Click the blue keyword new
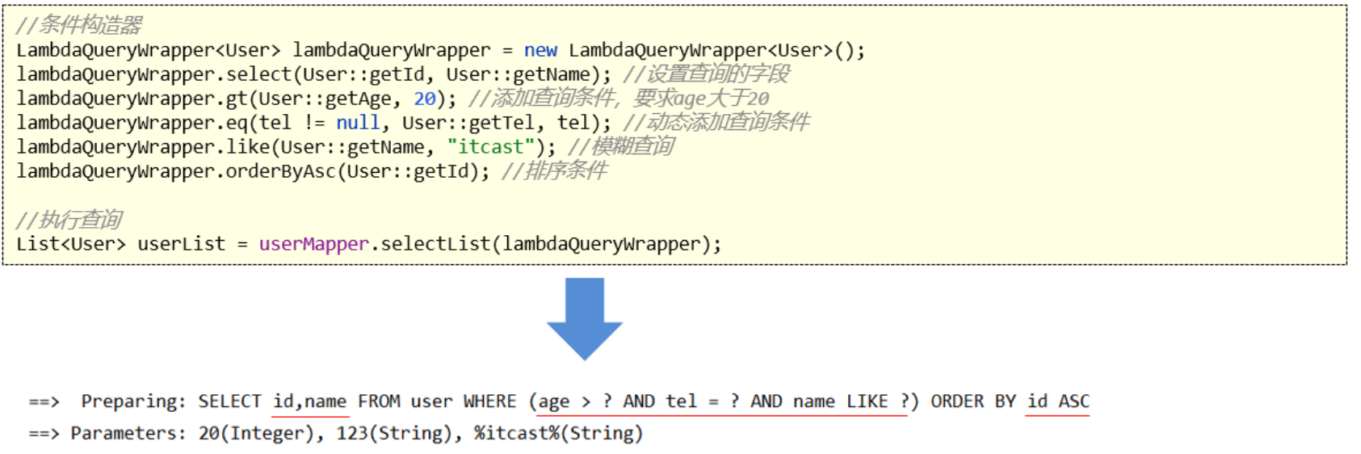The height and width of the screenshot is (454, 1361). [540, 50]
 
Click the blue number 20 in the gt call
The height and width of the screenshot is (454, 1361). [425, 99]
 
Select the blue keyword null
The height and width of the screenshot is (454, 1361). [358, 123]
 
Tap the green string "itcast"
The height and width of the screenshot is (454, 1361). [490, 147]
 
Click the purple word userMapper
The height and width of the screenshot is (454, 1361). [313, 244]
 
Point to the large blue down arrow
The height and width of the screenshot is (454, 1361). [585, 319]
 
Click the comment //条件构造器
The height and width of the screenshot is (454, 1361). [79, 26]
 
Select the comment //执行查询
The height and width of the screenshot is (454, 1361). [69, 220]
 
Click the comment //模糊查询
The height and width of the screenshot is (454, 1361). [621, 146]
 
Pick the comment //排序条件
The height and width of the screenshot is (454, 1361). [554, 170]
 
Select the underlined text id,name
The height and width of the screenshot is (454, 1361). [310, 401]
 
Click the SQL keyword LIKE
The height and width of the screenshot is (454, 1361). [867, 401]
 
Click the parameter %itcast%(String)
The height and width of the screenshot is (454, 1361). [558, 433]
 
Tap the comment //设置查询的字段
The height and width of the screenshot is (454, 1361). [707, 74]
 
